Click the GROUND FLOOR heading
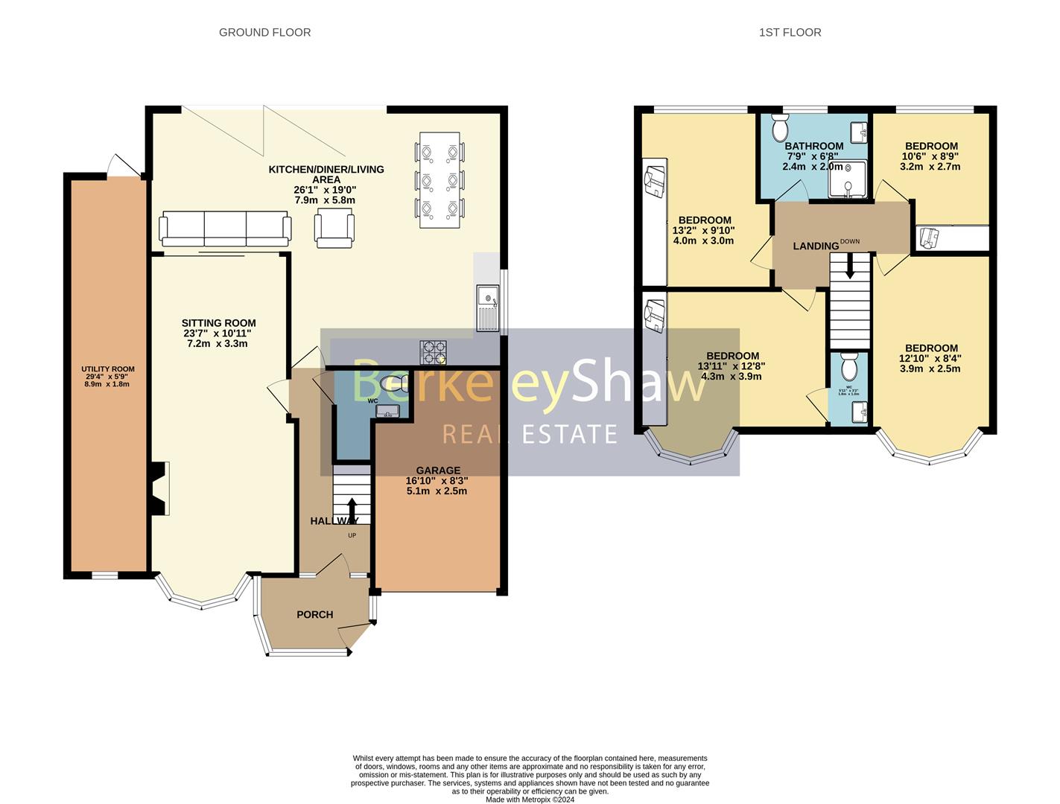tap(264, 32)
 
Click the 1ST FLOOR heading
tap(790, 32)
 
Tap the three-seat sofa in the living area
tap(224, 228)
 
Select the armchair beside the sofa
tap(334, 228)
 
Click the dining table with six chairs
tap(439, 179)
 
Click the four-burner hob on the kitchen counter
tap(434, 351)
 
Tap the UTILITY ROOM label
tap(108, 368)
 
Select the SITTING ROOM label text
tap(218, 323)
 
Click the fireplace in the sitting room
tap(159, 488)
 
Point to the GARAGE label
tap(437, 470)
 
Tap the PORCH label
tap(314, 614)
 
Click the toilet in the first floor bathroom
tap(780, 129)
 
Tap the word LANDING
tap(815, 246)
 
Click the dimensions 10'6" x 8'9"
tap(930, 156)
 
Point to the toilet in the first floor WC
tap(848, 367)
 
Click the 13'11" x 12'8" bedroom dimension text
tap(731, 366)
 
